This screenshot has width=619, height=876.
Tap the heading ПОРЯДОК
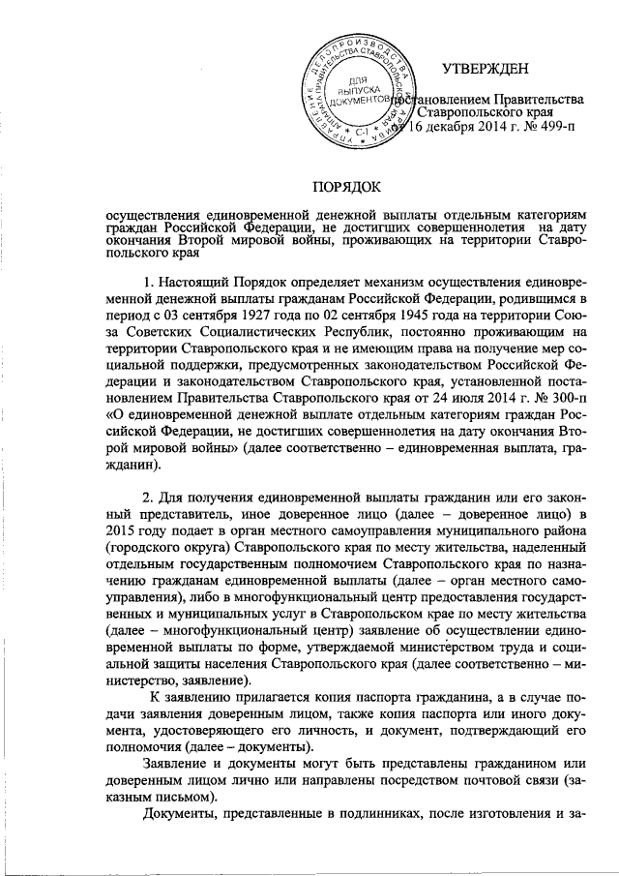pyautogui.click(x=346, y=186)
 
